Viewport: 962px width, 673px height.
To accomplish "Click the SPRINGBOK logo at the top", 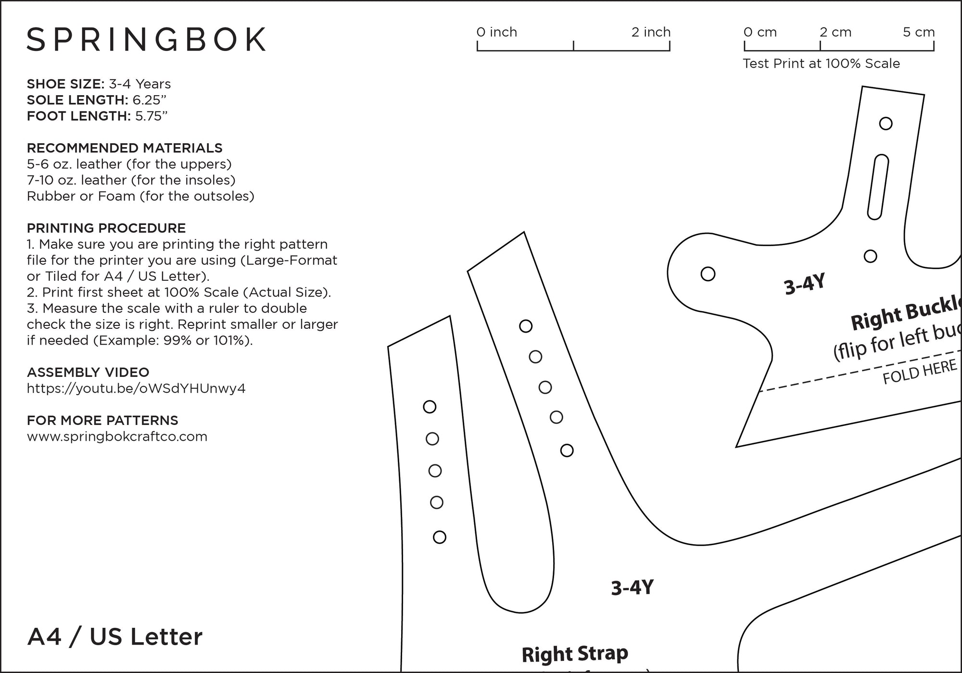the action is [146, 39].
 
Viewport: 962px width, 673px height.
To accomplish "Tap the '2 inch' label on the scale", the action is [651, 32].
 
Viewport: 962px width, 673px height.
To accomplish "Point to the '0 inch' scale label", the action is [496, 32].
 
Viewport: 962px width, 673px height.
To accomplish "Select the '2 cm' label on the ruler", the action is [835, 32].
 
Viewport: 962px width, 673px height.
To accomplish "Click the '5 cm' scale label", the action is [919, 32].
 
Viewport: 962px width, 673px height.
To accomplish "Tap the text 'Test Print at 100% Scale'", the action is [821, 63].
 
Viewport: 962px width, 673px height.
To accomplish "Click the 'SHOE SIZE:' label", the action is [65, 84].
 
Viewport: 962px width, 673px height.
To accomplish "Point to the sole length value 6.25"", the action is [150, 100].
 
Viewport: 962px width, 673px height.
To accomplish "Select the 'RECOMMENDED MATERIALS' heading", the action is [125, 148].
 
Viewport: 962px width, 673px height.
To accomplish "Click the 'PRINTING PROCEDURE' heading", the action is [106, 228].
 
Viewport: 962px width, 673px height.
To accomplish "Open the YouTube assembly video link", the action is [136, 388].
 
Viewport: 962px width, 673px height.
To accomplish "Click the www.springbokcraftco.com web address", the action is [117, 436].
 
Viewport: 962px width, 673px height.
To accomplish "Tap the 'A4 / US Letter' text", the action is [115, 637].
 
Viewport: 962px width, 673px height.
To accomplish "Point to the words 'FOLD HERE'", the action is [920, 372].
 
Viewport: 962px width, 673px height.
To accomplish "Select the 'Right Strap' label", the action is [575, 654].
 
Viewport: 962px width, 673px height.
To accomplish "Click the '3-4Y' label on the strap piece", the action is [632, 587].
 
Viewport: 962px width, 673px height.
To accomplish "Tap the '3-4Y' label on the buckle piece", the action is [805, 284].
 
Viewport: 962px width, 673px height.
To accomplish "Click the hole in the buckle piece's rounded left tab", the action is [708, 274].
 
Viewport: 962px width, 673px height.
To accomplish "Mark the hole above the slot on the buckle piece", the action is [886, 124].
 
